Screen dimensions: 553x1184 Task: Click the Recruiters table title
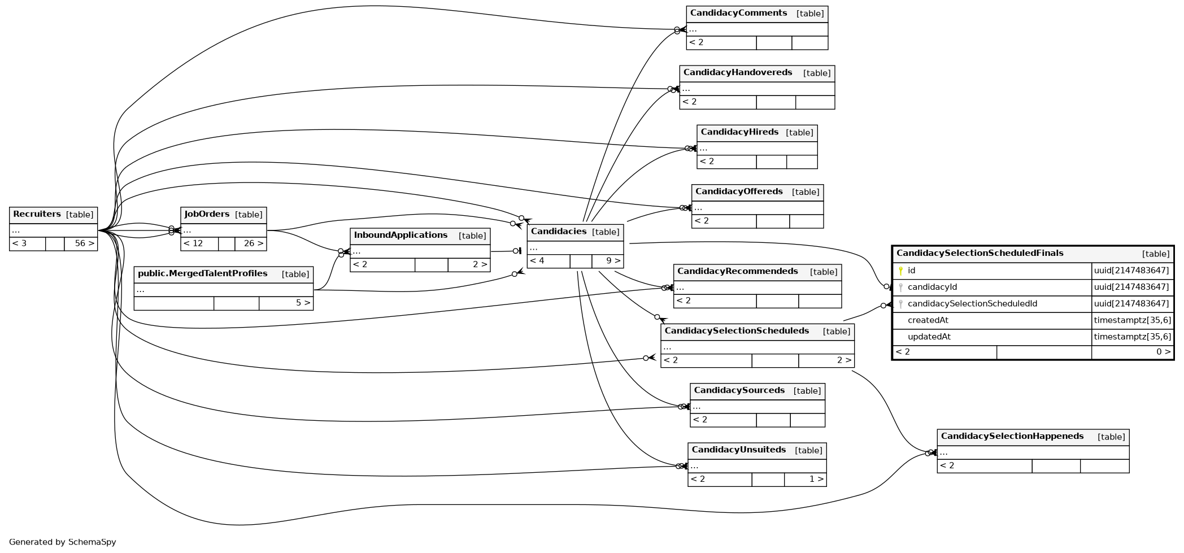coord(37,215)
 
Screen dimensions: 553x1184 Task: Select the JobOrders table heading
coord(207,215)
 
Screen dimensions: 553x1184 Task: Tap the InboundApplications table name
coord(401,236)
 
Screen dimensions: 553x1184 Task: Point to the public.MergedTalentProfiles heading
coord(203,274)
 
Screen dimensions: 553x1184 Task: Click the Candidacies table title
coord(559,232)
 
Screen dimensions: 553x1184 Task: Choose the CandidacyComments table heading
coord(738,14)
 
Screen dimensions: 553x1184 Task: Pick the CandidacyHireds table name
coord(739,132)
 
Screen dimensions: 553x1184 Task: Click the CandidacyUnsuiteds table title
coord(739,450)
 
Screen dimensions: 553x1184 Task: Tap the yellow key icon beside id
coord(900,271)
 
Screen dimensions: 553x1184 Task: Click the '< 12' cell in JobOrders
coord(193,244)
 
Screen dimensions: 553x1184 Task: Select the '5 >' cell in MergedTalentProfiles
coord(303,303)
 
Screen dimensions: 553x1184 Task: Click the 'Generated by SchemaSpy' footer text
coord(62,542)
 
